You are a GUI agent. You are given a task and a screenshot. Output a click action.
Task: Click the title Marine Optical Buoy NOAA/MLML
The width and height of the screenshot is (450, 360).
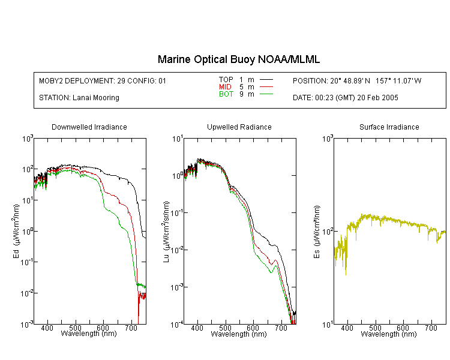click(239, 59)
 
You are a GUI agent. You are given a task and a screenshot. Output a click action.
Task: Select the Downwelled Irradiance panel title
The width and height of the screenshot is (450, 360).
click(89, 127)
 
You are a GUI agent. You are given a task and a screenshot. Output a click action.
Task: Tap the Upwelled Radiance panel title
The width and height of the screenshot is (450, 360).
click(239, 127)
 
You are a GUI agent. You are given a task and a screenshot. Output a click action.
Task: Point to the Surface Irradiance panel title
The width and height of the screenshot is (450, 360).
click(389, 127)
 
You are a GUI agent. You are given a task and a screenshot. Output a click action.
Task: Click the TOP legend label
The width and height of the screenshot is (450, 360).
click(226, 80)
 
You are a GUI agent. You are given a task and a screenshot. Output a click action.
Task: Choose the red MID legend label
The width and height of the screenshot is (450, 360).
click(225, 86)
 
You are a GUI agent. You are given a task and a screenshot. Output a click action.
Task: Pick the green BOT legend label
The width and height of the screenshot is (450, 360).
click(226, 94)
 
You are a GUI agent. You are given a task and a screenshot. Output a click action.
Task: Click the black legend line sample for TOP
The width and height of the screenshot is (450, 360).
click(266, 80)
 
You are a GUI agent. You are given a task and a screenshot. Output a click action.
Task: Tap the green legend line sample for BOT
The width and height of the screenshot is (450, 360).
click(266, 94)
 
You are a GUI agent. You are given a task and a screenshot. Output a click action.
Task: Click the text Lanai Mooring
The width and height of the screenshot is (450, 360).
click(96, 98)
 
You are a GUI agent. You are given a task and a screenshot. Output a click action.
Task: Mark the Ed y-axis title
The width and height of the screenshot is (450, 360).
click(16, 232)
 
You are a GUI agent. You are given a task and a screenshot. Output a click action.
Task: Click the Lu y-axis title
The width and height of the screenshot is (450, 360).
click(166, 232)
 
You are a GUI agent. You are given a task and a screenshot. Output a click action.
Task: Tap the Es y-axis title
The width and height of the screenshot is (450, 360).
click(316, 232)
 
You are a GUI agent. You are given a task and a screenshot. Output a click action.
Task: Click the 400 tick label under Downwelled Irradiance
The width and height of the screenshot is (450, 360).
click(47, 328)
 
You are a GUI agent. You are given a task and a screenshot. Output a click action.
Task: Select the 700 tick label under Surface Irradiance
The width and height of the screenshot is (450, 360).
click(431, 328)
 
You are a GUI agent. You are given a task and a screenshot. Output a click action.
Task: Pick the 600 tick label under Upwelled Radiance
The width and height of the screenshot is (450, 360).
click(253, 328)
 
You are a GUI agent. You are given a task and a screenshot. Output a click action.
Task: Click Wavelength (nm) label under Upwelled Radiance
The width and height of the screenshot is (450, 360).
click(239, 334)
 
